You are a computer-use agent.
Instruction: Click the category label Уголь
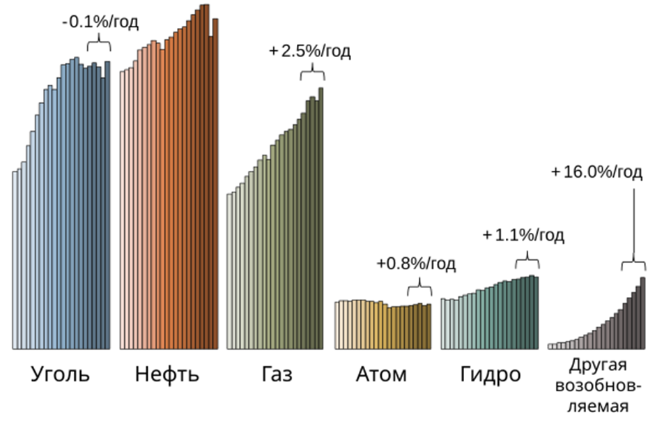pyautogui.click(x=60, y=375)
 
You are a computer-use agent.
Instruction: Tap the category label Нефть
pyautogui.click(x=167, y=375)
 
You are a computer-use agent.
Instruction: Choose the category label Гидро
pyautogui.click(x=490, y=375)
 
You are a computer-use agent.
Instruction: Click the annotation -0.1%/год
pyautogui.click(x=100, y=22)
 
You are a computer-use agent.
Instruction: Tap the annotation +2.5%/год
pyautogui.click(x=311, y=52)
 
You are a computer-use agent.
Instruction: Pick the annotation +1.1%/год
pyautogui.click(x=523, y=235)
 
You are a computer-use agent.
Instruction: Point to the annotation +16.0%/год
pyautogui.click(x=596, y=172)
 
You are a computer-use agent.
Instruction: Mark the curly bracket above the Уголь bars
pyautogui.click(x=99, y=45)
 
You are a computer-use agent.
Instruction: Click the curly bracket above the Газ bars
pyautogui.click(x=312, y=74)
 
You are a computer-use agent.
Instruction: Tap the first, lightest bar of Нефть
pyautogui.click(x=122, y=209)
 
